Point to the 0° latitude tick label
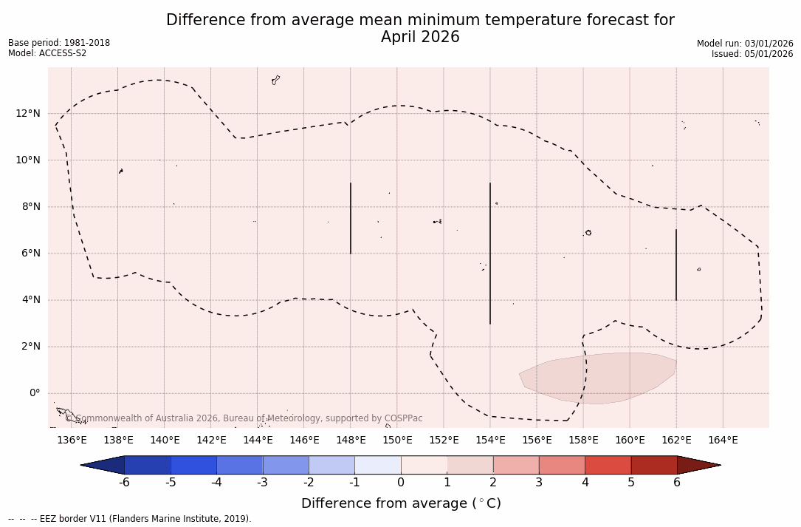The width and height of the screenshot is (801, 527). [34, 393]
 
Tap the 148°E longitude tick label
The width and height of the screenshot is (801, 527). [351, 441]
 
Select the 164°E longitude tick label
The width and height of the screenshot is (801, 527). [723, 441]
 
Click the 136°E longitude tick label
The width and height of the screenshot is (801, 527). [72, 441]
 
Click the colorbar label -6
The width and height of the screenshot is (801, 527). [124, 483]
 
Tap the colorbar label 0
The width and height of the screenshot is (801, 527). [401, 483]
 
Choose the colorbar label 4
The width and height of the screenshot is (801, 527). [585, 483]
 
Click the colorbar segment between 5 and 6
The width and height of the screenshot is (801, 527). [654, 465]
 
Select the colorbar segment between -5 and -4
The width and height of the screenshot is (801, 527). [193, 465]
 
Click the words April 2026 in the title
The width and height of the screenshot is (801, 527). [420, 37]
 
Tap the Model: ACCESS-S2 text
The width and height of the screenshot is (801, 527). [47, 53]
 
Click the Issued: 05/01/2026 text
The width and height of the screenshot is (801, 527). [752, 54]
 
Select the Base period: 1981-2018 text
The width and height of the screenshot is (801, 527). [59, 43]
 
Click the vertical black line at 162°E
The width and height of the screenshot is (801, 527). [676, 265]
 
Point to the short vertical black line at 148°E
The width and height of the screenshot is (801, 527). [351, 218]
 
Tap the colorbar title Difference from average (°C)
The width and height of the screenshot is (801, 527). [401, 503]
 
